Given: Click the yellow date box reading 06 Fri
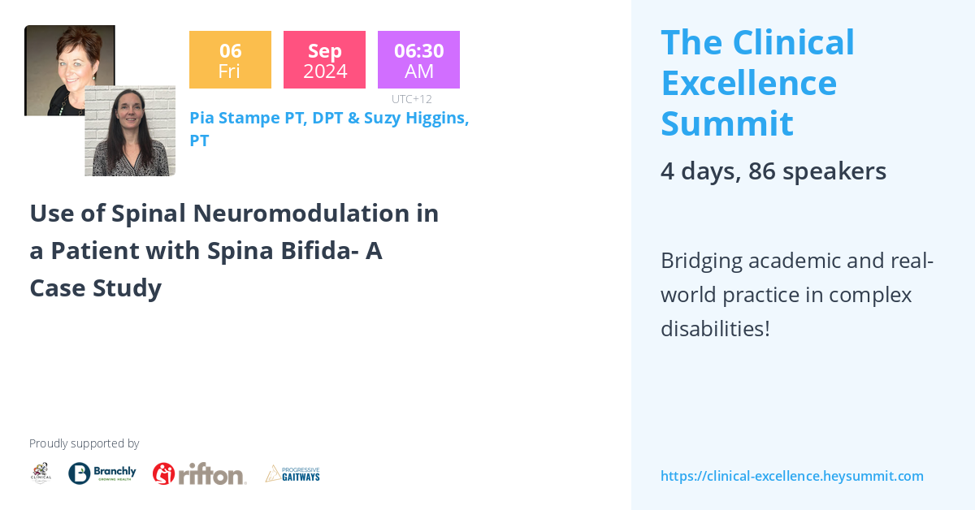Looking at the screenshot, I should pos(230,59).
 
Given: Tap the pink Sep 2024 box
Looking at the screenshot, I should pos(324,59).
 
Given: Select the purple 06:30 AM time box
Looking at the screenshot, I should pos(418,59).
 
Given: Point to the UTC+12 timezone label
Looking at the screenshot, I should pos(411,99).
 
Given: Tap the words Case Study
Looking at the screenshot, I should pos(95,288).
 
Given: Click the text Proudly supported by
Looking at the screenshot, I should pos(84,443).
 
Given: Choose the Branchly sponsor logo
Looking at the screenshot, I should pos(102,473).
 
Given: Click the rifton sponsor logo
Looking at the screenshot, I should pos(199,473).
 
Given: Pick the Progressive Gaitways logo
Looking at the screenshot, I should pos(292,473).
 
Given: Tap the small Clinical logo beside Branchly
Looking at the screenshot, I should pos(41,473).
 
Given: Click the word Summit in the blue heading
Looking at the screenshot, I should pos(726,123).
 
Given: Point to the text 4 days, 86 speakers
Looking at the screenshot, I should pos(773,171).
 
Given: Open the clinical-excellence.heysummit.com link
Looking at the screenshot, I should pos(791,476).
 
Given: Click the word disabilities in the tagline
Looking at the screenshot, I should pos(714,329).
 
